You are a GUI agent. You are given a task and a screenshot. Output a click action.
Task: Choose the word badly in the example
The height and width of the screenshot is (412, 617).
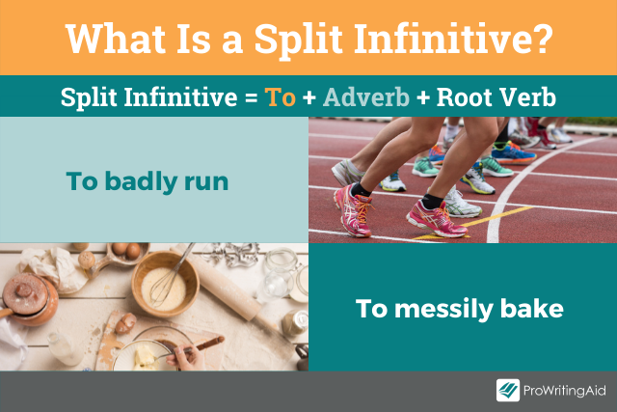[145, 180]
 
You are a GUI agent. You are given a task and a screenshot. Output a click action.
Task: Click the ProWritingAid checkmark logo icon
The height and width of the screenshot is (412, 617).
[508, 391]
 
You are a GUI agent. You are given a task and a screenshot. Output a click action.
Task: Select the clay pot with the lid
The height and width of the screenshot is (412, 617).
[29, 299]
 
